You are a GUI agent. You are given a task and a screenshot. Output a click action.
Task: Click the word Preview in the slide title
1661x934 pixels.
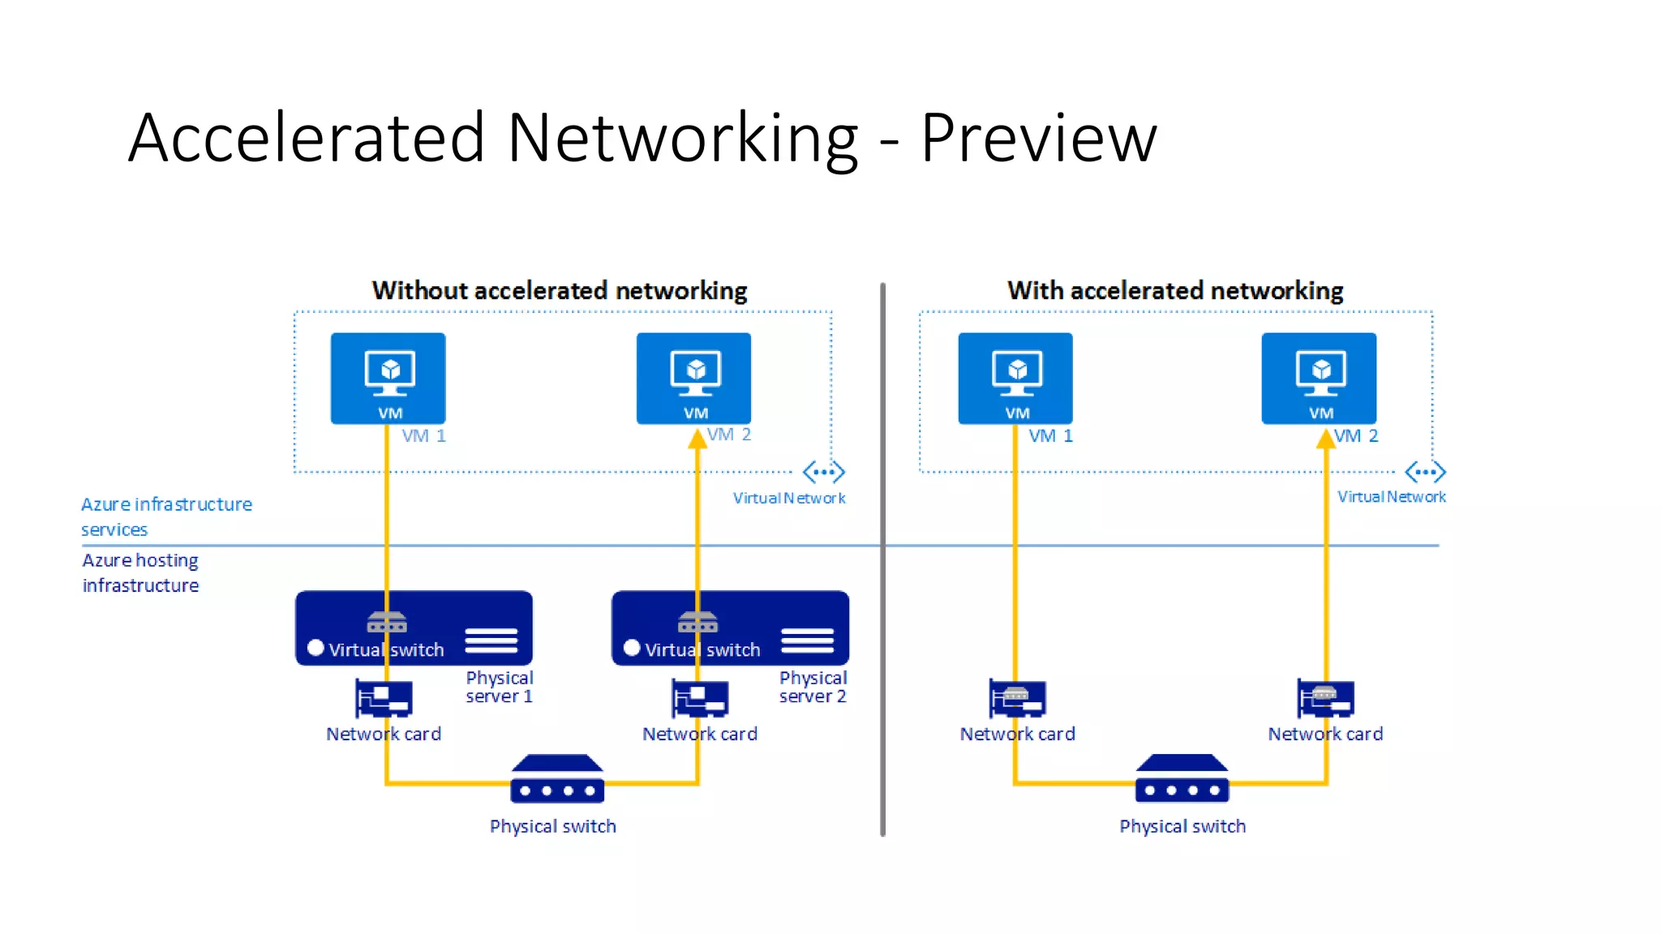(1038, 138)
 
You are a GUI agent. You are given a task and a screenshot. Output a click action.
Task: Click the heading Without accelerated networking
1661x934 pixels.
(560, 290)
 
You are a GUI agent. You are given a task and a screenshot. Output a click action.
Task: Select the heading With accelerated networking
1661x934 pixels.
(1175, 290)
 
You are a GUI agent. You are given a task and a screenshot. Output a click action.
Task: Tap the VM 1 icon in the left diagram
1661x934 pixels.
(388, 378)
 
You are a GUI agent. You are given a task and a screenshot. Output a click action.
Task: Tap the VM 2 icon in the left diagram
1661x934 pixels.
(693, 378)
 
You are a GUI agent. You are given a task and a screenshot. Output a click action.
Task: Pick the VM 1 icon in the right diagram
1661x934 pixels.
(1015, 378)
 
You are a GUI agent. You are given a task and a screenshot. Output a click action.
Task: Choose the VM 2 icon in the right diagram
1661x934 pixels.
(1319, 378)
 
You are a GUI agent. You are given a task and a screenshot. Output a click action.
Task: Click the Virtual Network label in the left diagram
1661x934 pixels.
(788, 498)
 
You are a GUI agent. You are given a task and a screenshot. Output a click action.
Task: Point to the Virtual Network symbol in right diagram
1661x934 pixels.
(1425, 472)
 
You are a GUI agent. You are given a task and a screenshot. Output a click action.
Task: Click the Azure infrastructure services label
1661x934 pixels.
(166, 516)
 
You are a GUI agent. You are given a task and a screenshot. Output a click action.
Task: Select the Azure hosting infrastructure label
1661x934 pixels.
(140, 572)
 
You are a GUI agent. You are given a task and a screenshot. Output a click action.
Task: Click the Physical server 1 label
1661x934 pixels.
(499, 687)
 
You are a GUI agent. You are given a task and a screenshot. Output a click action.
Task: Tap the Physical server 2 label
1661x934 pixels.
(813, 687)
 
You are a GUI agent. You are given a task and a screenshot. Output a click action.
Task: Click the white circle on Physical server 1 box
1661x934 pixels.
(316, 648)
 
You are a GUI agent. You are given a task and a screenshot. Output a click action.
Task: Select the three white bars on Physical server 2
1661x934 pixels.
(807, 641)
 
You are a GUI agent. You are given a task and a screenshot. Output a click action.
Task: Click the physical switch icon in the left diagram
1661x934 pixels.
(557, 779)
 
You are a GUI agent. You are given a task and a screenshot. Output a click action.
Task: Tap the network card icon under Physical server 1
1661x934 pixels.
(384, 698)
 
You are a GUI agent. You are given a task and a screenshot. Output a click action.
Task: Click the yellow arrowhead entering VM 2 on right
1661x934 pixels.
(1325, 439)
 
